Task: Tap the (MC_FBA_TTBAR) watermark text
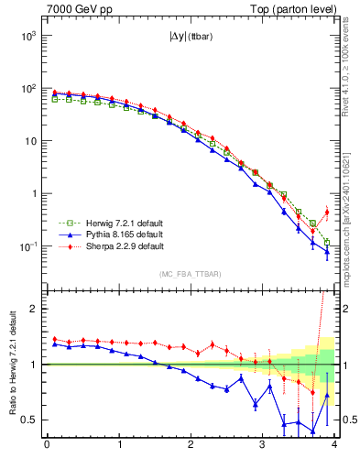190,274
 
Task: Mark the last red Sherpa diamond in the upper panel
327,212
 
